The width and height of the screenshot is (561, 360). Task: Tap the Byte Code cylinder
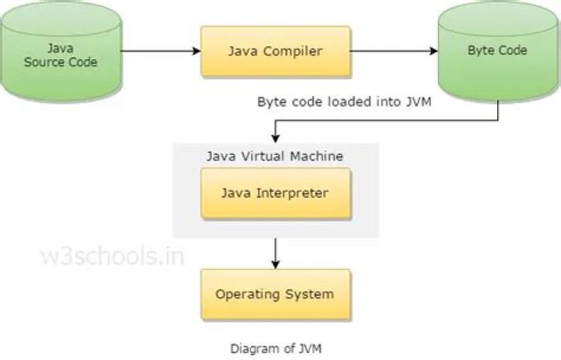click(x=497, y=53)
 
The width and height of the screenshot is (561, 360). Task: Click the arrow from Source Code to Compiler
click(x=161, y=51)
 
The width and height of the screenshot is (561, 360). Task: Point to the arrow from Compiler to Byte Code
click(x=394, y=51)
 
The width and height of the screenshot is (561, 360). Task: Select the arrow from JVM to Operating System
click(x=275, y=252)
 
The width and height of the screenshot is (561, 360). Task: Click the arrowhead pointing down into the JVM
click(x=275, y=138)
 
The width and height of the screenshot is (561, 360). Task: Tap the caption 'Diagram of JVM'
click(x=275, y=348)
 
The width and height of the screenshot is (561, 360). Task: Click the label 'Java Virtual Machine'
click(x=275, y=156)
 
